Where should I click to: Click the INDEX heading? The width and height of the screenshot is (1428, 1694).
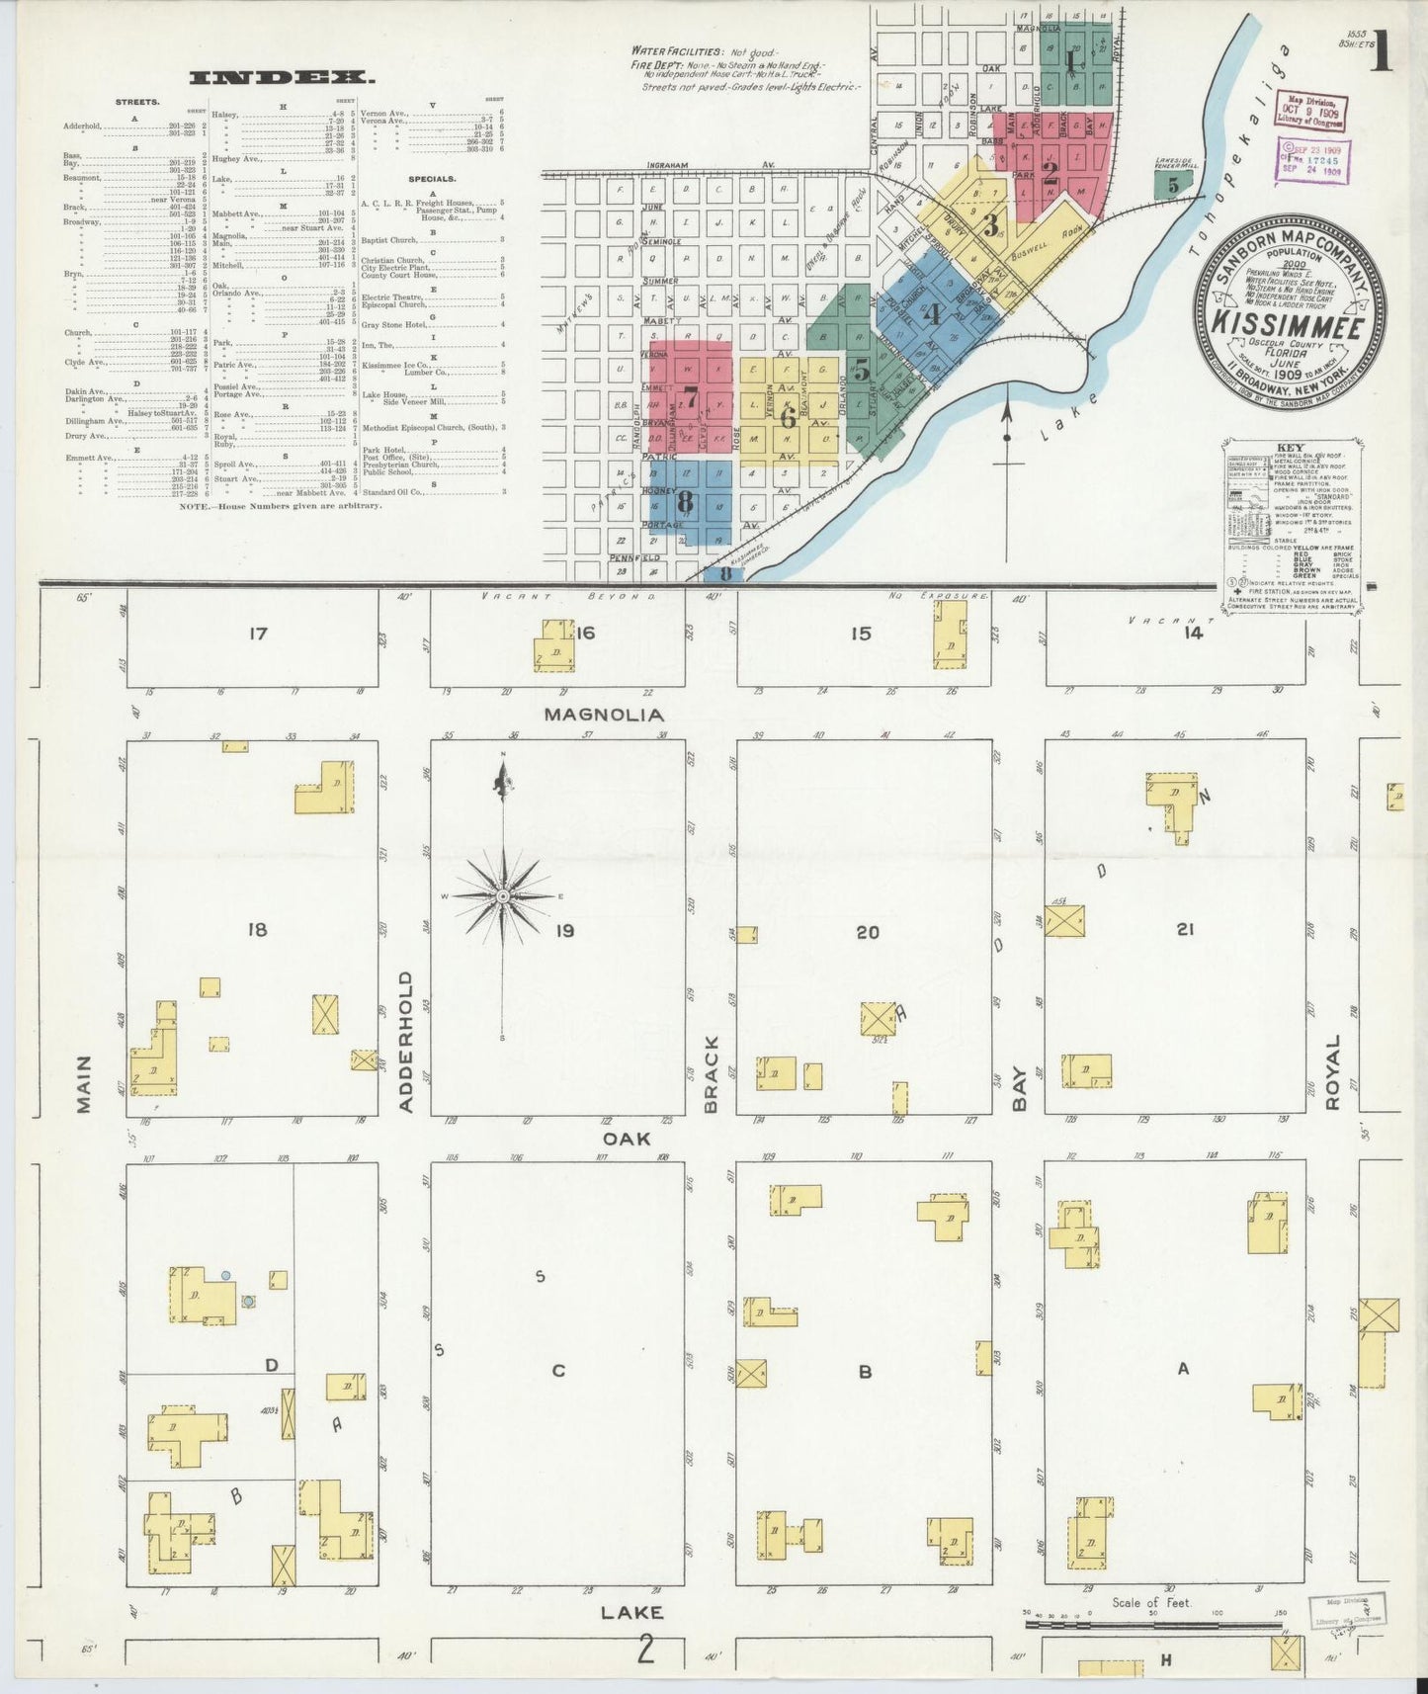282,77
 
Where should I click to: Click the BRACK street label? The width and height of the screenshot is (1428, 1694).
711,1074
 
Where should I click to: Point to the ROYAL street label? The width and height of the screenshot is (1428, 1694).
1333,1072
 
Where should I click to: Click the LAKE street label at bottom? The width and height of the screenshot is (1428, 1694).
632,1612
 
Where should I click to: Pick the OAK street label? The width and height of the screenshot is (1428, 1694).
627,1139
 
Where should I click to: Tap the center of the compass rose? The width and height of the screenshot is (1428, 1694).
503,895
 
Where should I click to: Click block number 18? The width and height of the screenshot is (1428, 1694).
257,929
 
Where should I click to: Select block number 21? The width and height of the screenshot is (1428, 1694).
1186,929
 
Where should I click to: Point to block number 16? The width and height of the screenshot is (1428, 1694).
586,633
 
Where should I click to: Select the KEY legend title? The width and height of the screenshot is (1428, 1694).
1291,448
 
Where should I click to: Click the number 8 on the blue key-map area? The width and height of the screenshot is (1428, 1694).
685,503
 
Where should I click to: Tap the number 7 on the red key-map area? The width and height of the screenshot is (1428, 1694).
691,400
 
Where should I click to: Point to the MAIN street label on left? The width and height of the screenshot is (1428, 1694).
83,1083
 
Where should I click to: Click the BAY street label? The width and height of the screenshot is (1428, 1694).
1018,1087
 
